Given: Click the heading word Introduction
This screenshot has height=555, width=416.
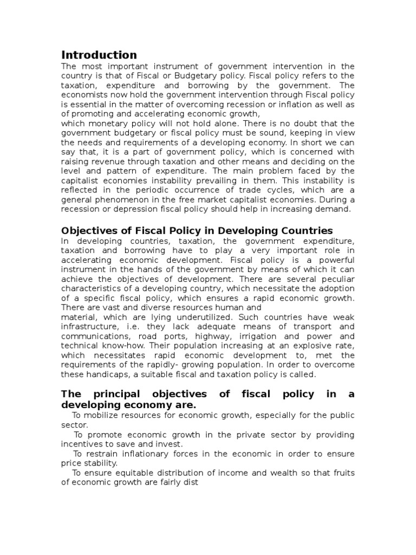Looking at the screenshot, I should pyautogui.click(x=99, y=55).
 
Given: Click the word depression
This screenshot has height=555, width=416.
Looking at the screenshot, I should pyautogui.click(x=129, y=209).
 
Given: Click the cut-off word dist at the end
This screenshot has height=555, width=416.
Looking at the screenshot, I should pyautogui.click(x=191, y=482).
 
